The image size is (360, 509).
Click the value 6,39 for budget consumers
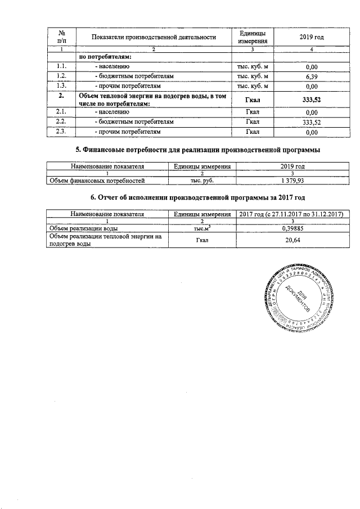point(304,76)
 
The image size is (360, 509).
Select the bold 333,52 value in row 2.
point(304,99)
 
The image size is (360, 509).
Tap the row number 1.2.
point(62,76)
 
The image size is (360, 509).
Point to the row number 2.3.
point(62,132)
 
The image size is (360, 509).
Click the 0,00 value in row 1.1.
point(304,66)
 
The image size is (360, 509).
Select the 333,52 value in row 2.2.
point(304,122)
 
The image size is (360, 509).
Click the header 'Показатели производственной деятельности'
point(154,37)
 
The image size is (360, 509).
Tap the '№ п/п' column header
point(62,37)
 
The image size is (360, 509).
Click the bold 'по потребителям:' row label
point(105,57)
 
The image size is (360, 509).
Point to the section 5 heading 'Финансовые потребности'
point(198,150)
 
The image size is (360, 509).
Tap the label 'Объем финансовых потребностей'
point(97,181)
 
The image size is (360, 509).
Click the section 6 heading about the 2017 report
point(198,198)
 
